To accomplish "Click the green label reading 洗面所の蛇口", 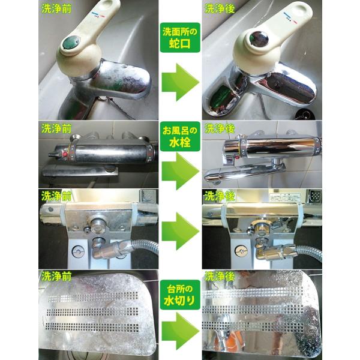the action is [x=180, y=37].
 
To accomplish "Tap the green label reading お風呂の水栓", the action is [x=180, y=136].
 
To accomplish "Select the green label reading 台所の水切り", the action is [x=180, y=295].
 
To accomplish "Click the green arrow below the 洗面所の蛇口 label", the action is [x=181, y=82].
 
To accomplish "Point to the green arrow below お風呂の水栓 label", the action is [x=181, y=171].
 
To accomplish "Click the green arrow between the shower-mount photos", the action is [x=181, y=231].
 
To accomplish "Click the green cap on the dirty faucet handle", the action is [x=71, y=43].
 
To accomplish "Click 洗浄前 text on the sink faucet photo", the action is [x=56, y=8].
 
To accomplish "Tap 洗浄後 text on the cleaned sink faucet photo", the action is [x=220, y=8].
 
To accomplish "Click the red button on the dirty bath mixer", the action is [x=65, y=154].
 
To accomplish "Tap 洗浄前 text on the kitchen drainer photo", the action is [x=56, y=276].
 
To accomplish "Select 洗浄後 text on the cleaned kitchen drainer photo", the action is [x=220, y=276].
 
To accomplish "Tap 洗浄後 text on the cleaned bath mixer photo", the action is [x=220, y=128].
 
